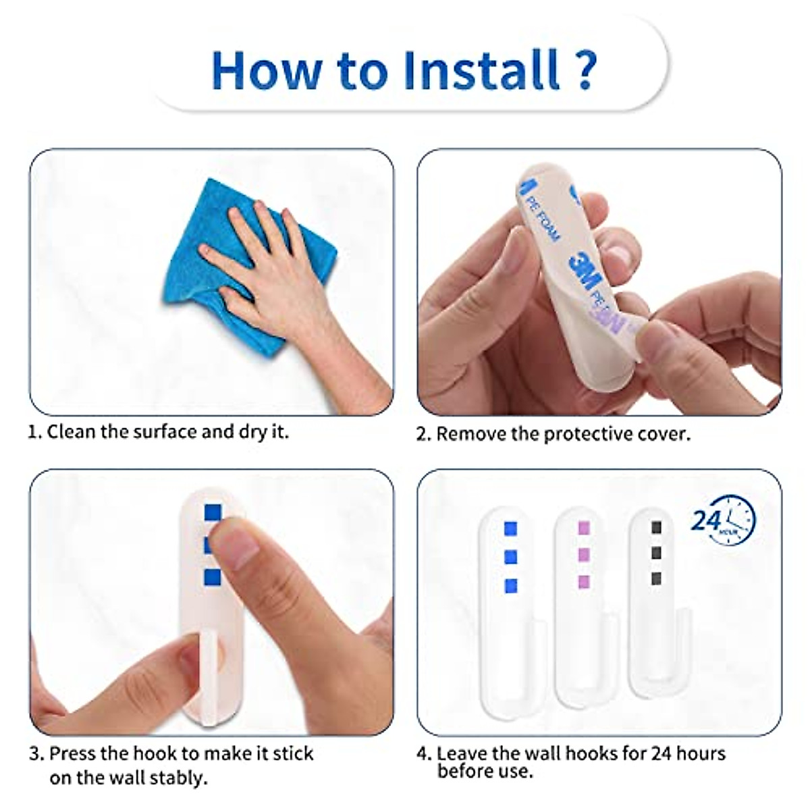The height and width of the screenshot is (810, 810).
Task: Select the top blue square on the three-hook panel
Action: click(510, 527)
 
